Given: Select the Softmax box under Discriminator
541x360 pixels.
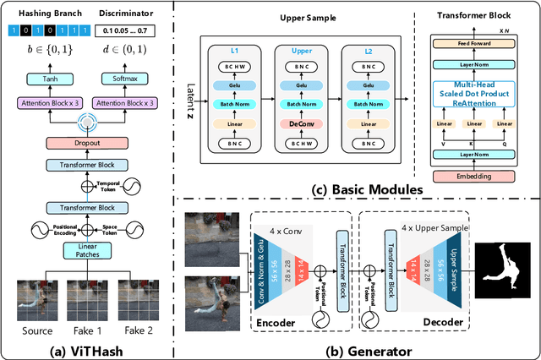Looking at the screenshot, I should coord(118,79).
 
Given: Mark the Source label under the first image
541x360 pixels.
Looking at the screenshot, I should coord(36,330).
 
